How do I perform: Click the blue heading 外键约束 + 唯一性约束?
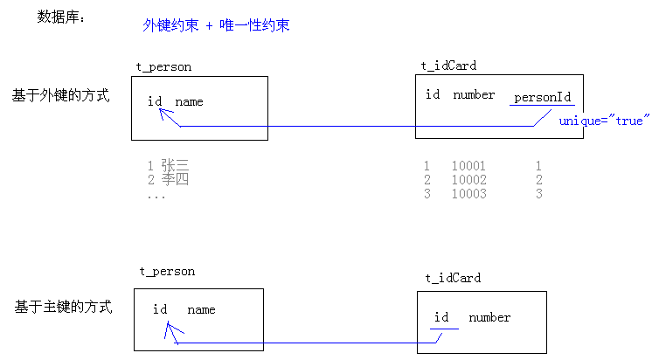(216, 26)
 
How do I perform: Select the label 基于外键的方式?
(61, 95)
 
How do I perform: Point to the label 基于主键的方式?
(63, 308)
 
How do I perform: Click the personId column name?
(542, 97)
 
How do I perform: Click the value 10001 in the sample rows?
(468, 166)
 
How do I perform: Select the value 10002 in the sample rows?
(468, 180)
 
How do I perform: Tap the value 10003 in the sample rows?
(468, 194)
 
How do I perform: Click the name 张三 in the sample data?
(175, 165)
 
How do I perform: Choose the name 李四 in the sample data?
(175, 180)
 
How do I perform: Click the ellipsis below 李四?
(156, 196)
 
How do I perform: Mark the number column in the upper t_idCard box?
(474, 94)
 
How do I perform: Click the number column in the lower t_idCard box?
(489, 317)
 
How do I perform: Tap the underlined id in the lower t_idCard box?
(441, 317)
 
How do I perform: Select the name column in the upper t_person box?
(189, 101)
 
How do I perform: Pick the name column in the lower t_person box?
(201, 309)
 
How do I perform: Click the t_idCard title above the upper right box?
(448, 66)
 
